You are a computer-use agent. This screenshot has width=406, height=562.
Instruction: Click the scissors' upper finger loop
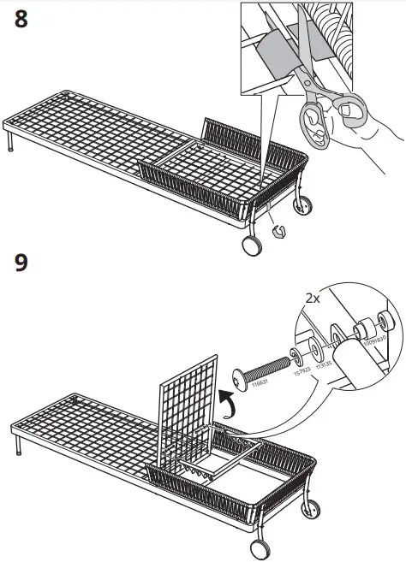pos(349,109)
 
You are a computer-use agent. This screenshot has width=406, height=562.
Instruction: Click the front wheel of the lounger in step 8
pos(251,245)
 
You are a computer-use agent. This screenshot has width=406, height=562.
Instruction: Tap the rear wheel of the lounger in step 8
pos(302,204)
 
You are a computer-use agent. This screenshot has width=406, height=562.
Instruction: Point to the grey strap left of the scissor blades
pos(278,50)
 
